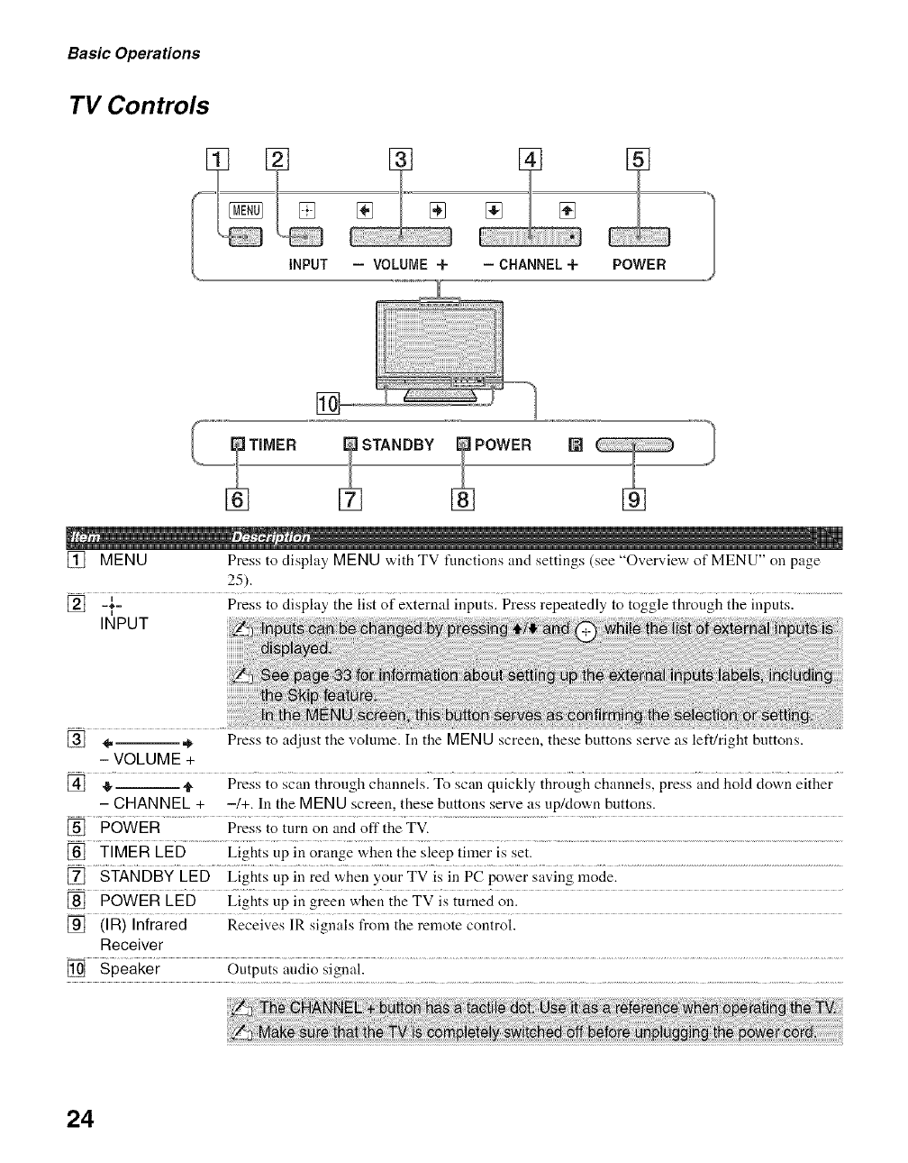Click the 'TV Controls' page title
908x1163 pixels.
(139, 106)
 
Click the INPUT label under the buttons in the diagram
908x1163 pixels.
(307, 265)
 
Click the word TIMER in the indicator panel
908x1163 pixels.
(272, 444)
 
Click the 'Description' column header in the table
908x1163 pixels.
(271, 538)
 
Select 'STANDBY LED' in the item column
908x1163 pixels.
(155, 876)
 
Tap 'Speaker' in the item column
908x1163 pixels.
(130, 969)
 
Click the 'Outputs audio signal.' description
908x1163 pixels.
(296, 969)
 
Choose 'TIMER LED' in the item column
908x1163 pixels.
(143, 852)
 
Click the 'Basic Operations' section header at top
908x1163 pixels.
(133, 53)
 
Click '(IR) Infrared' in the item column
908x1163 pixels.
(143, 925)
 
